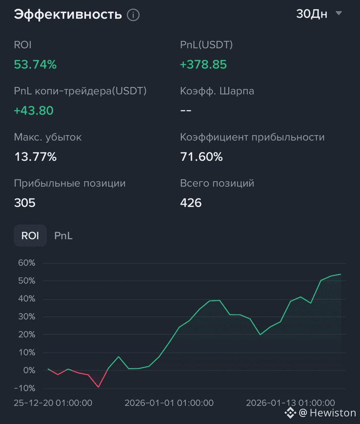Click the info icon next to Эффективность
coord(133,15)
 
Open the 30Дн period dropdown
coord(320,14)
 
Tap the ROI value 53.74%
coord(35,64)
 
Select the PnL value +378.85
coord(203,64)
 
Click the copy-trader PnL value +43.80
coord(33,111)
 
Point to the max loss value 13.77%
coord(35,157)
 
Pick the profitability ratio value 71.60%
coord(201,157)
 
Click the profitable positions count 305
coord(25,203)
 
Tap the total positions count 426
coord(191,203)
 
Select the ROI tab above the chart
coord(30,235)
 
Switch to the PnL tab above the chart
coord(63,235)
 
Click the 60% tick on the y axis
coord(27,263)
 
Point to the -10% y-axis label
coord(24,388)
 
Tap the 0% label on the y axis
coord(29,370)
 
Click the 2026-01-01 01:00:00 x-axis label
coord(169,403)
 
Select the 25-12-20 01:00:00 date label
coord(53,403)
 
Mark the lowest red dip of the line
coord(98,387)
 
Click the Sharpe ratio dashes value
coord(186,110)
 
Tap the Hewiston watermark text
coord(333,413)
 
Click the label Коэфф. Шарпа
coord(217,91)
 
